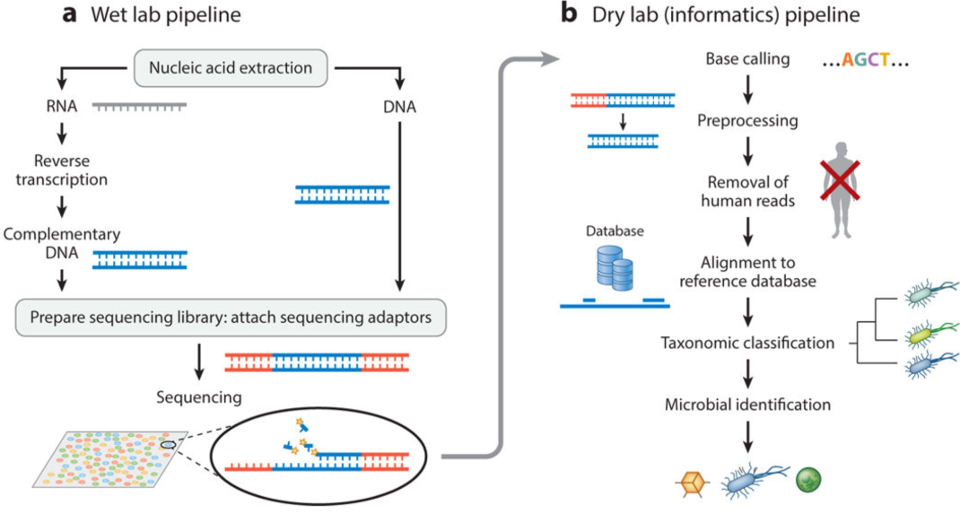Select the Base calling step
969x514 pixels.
pyautogui.click(x=747, y=59)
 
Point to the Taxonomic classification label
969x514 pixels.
pyautogui.click(x=746, y=343)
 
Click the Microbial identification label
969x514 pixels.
pyautogui.click(x=747, y=405)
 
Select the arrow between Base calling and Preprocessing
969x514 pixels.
pyautogui.click(x=746, y=89)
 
